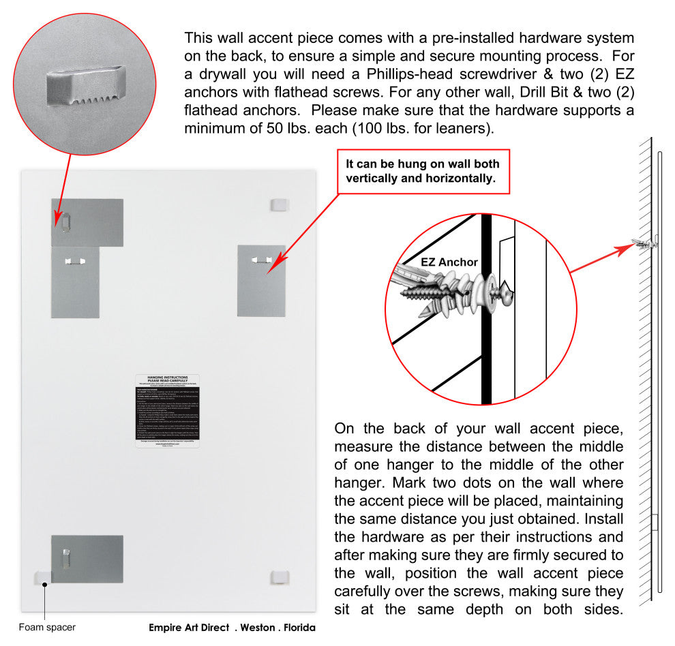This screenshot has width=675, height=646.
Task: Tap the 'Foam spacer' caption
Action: (x=47, y=627)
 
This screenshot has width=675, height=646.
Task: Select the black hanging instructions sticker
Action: (x=167, y=410)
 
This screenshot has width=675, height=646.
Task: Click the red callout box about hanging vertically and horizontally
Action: (x=423, y=170)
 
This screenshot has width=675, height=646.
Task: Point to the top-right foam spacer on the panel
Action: (x=280, y=204)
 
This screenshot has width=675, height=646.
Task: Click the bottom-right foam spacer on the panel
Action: (x=280, y=577)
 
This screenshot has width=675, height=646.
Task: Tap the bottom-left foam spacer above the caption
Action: (x=42, y=578)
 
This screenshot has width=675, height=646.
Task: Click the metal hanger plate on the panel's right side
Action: (x=261, y=280)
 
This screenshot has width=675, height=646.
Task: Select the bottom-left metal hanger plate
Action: (x=87, y=559)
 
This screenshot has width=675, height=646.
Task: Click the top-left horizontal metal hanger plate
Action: (x=87, y=222)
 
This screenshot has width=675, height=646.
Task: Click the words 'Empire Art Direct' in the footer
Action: (x=189, y=628)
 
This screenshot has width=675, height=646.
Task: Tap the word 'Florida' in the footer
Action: (x=297, y=628)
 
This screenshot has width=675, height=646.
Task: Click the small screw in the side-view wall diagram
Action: (x=642, y=243)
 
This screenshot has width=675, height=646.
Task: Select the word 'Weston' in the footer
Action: (x=258, y=628)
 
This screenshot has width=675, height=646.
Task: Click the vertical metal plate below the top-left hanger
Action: (x=75, y=282)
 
